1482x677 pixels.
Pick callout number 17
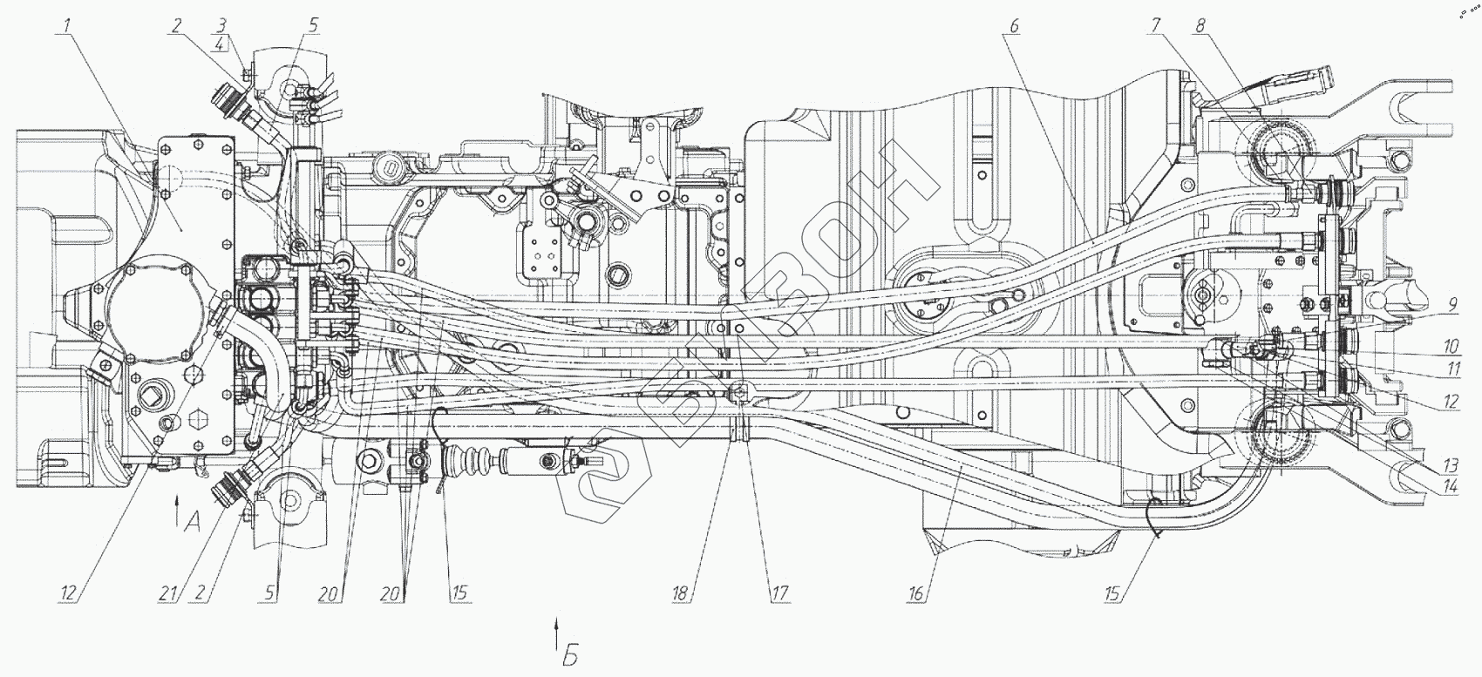pos(778,594)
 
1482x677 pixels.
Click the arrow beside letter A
pos(177,509)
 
